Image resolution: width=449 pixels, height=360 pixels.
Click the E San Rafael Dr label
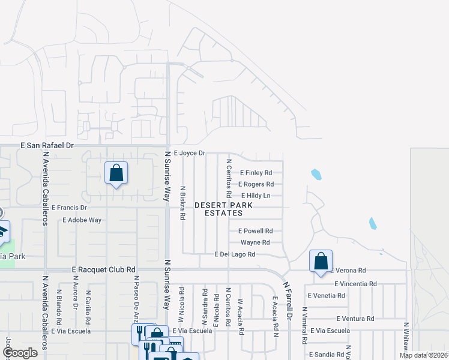coord(47,145)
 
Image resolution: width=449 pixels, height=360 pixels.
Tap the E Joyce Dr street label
coord(189,153)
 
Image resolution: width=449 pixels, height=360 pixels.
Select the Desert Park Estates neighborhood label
coord(223,209)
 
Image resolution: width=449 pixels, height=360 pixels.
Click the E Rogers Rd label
coord(256,184)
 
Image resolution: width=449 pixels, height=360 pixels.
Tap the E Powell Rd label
coord(256,230)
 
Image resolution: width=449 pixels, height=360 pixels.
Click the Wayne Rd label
coord(255,242)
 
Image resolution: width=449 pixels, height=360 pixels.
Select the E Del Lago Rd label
coord(235,254)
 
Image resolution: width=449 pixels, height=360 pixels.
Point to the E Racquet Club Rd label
coord(104,270)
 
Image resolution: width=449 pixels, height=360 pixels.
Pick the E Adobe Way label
coord(82,220)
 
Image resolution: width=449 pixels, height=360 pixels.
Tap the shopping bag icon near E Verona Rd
coord(321,261)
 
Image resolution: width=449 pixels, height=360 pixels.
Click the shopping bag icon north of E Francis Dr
coord(116,173)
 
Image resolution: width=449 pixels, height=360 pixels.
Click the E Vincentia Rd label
coord(356,283)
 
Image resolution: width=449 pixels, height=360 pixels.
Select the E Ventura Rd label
coord(355,319)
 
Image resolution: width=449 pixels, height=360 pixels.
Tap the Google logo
coord(20,352)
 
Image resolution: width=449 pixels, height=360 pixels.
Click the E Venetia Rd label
coord(327,295)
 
